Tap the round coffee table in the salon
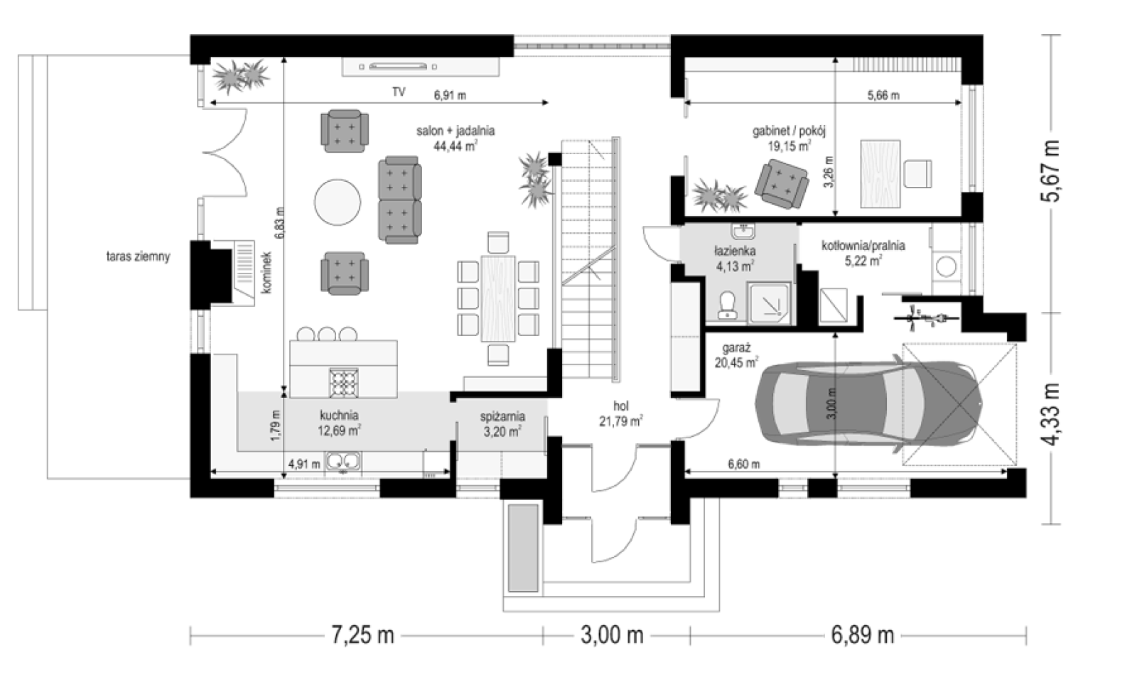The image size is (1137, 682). pos(338,202)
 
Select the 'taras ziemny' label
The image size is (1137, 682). pos(138,256)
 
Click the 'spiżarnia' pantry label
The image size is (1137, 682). pos(502,416)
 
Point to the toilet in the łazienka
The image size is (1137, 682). pos(728,305)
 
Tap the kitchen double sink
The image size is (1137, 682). pos(343,461)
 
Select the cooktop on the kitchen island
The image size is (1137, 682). pos(344,382)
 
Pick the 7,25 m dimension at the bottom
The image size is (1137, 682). pos(362,635)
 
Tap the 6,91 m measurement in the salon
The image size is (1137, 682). pos(450,95)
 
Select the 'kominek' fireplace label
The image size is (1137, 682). pos(266,273)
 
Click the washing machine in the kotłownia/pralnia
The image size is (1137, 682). pos(946,267)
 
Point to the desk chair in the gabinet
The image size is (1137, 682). pos(918,174)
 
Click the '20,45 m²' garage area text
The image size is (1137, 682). pos(736,362)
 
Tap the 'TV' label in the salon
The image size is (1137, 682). pos(399,92)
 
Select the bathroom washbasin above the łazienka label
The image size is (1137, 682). pos(743,231)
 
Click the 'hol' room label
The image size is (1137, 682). pos(621,406)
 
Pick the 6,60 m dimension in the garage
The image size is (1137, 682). pos(743,465)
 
